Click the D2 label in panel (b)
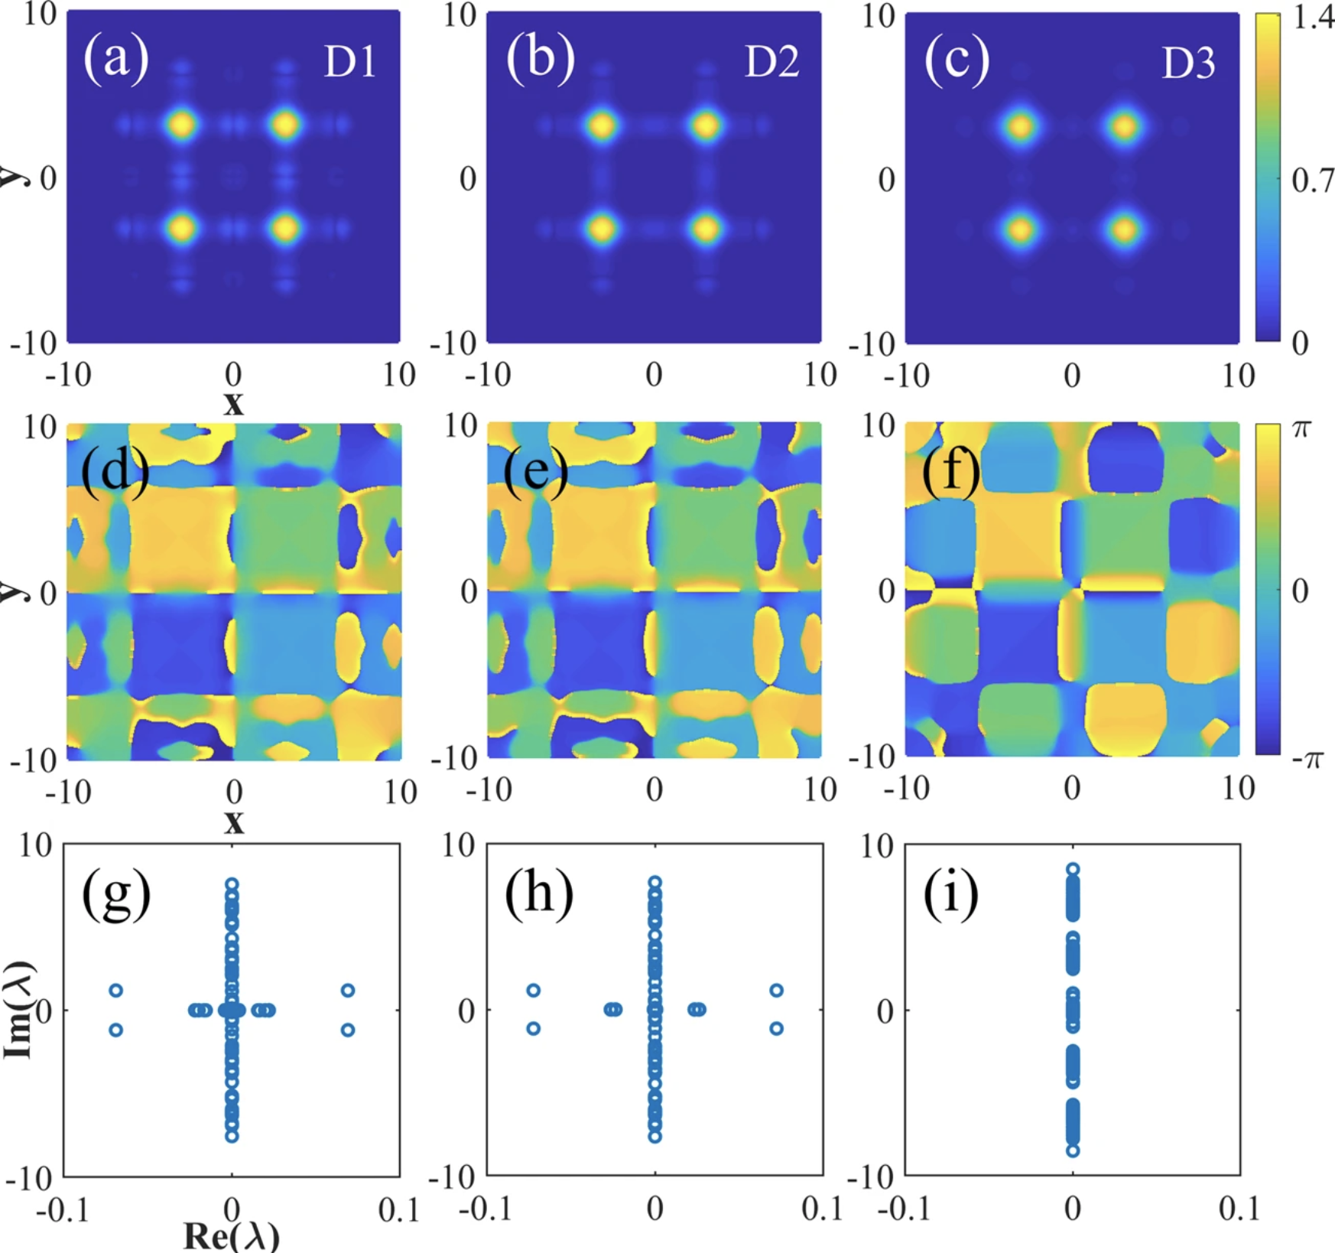[771, 61]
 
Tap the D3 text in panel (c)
[1188, 63]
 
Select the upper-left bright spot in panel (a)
[181, 124]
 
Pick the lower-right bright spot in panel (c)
[1124, 229]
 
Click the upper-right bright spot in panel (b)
[705, 125]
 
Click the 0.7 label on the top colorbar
[1312, 181]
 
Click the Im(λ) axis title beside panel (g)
[18, 1009]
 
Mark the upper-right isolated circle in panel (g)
[348, 991]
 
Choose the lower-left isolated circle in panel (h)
[534, 1029]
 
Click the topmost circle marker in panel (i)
[1073, 869]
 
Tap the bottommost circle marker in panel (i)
[1073, 1150]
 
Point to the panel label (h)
[538, 893]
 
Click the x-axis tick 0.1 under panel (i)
[1238, 1208]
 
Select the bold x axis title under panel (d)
[234, 822]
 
